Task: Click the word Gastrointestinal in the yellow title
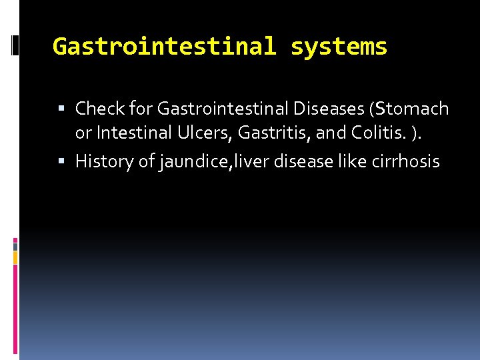164,47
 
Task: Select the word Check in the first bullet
97,108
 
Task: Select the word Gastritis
272,133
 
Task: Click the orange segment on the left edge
15,255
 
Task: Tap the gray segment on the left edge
15,246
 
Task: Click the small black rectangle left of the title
15,45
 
